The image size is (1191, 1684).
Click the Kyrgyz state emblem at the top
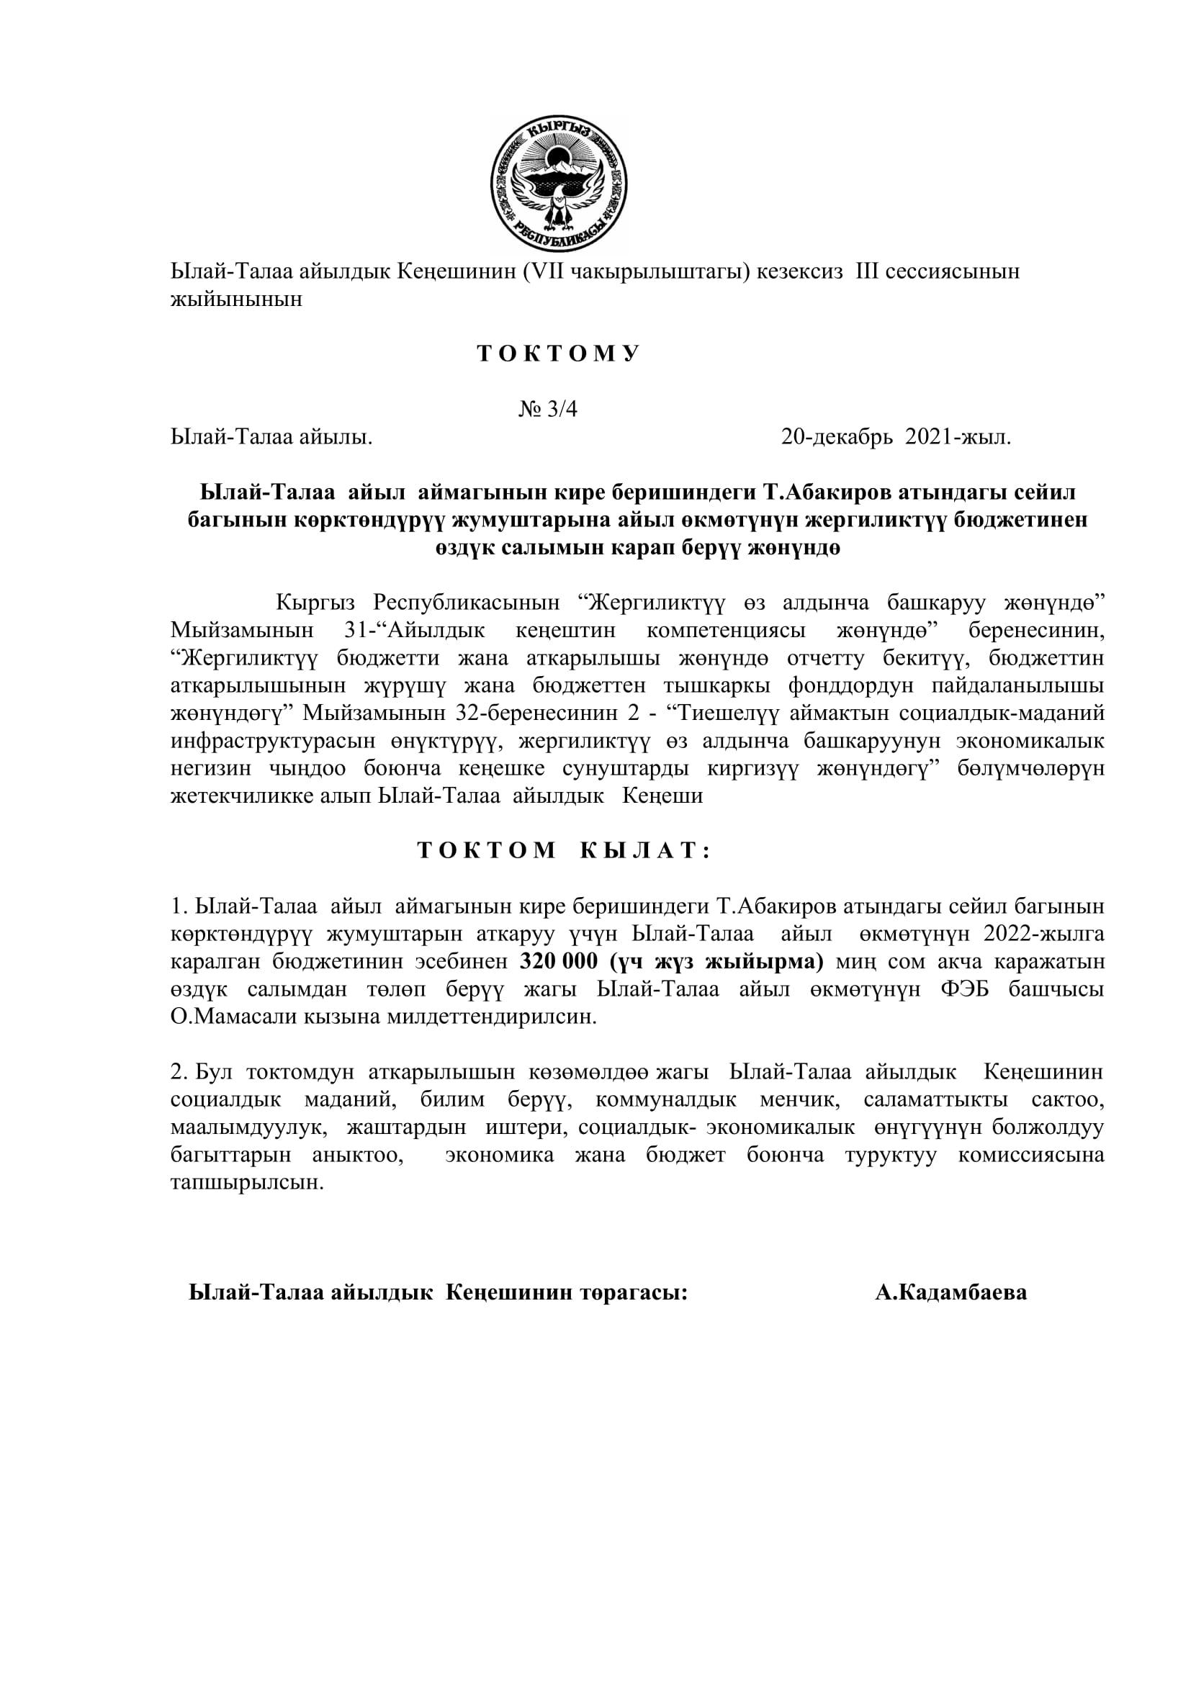pos(559,184)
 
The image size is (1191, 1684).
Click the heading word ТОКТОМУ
pos(559,354)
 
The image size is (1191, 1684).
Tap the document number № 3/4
pos(548,409)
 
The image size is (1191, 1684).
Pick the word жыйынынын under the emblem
pos(236,300)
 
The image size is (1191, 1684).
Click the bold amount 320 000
pos(559,962)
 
